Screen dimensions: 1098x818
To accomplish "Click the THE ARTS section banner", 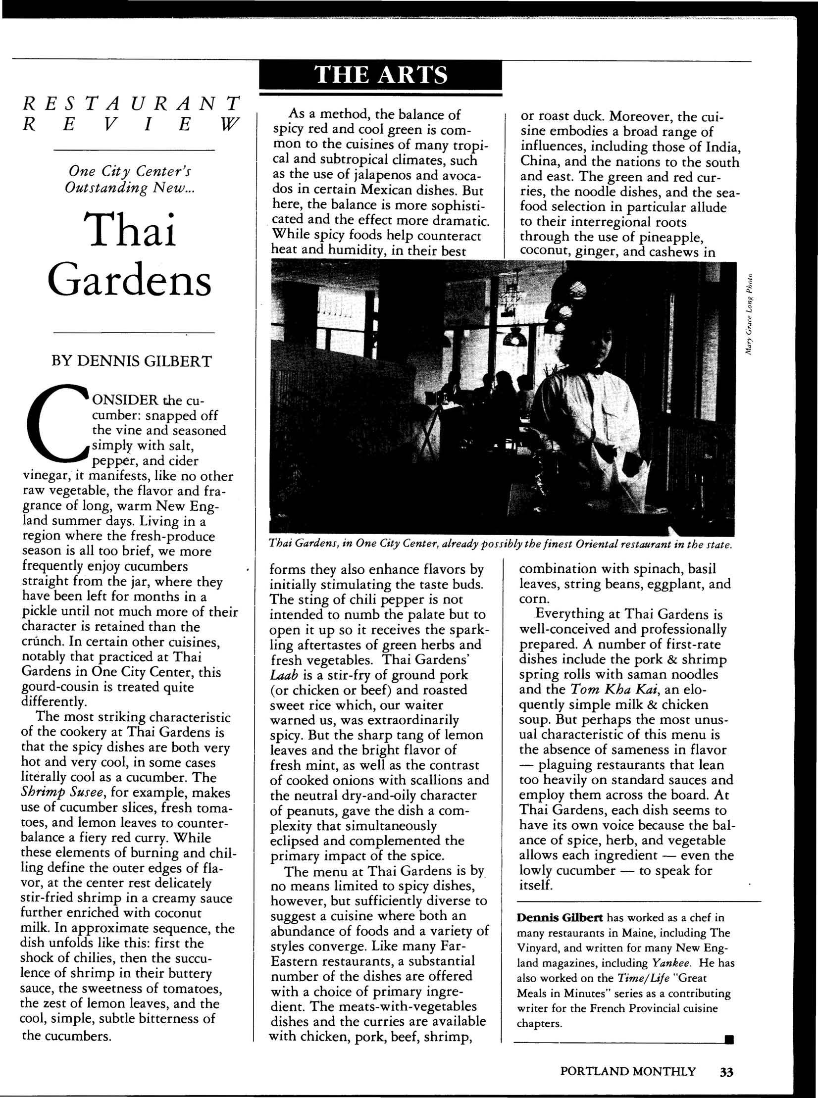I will [380, 75].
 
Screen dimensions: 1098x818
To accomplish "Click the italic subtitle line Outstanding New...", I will [131, 189].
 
